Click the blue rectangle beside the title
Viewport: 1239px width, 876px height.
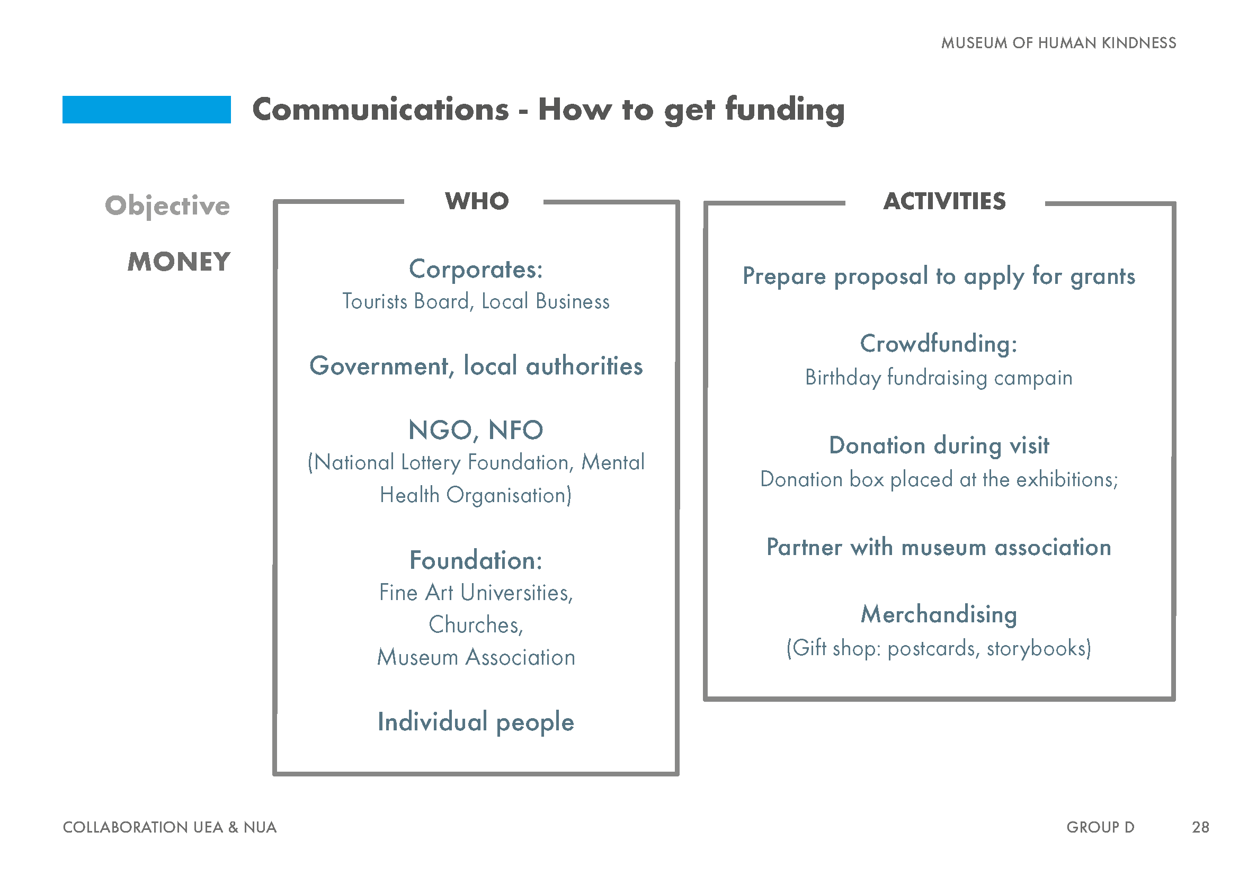(x=146, y=110)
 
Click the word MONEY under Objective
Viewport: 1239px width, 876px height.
(x=179, y=262)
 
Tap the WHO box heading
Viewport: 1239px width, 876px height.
(x=477, y=201)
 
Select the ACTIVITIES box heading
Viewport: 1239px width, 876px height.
(x=944, y=201)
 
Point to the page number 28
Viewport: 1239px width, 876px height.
(x=1201, y=827)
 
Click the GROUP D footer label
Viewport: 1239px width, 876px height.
(x=1101, y=827)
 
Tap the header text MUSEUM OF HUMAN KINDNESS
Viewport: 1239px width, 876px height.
(x=1059, y=43)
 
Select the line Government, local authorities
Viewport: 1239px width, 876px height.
(x=476, y=366)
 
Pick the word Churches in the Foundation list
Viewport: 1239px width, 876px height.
(x=474, y=624)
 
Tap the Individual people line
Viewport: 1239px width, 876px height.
(x=476, y=722)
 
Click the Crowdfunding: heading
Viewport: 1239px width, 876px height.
(x=939, y=344)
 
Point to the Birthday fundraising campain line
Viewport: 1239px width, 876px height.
(x=939, y=378)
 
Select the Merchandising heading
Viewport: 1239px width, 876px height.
(x=939, y=614)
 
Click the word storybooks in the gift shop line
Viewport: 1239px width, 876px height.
(x=1036, y=648)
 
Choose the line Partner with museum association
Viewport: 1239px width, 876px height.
(x=939, y=547)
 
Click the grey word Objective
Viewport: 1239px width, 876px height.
(x=167, y=205)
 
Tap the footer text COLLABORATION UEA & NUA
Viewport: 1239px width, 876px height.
(x=170, y=827)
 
